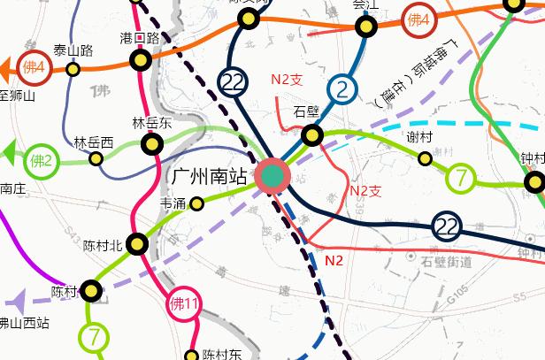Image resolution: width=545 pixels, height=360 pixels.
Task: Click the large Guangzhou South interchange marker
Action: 272,176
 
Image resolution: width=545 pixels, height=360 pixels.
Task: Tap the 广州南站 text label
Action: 209,177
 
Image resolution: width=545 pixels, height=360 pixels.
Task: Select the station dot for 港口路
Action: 140,60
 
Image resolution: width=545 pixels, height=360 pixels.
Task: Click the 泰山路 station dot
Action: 73,69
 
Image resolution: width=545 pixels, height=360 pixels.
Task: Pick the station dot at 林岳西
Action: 96,158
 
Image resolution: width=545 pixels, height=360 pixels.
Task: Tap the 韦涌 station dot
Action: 197,204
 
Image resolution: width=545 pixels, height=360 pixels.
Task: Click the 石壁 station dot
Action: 311,135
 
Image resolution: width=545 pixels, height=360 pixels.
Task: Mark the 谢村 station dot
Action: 425,157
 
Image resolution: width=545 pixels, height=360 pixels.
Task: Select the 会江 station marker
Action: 366,26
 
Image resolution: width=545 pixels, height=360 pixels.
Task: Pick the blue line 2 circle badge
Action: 342,88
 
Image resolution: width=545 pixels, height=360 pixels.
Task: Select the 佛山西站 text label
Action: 24,323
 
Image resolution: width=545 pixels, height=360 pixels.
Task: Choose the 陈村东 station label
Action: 222,355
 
